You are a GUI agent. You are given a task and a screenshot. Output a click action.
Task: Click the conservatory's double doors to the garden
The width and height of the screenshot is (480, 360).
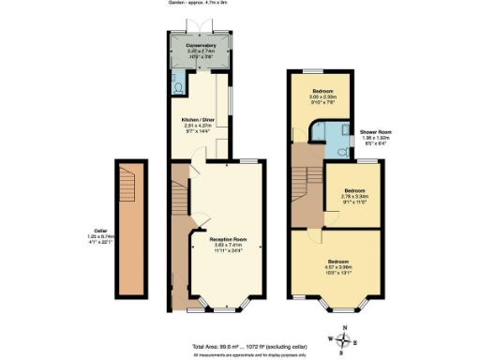200,19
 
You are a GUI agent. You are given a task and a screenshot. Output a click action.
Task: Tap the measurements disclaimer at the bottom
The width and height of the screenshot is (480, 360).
240,353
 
